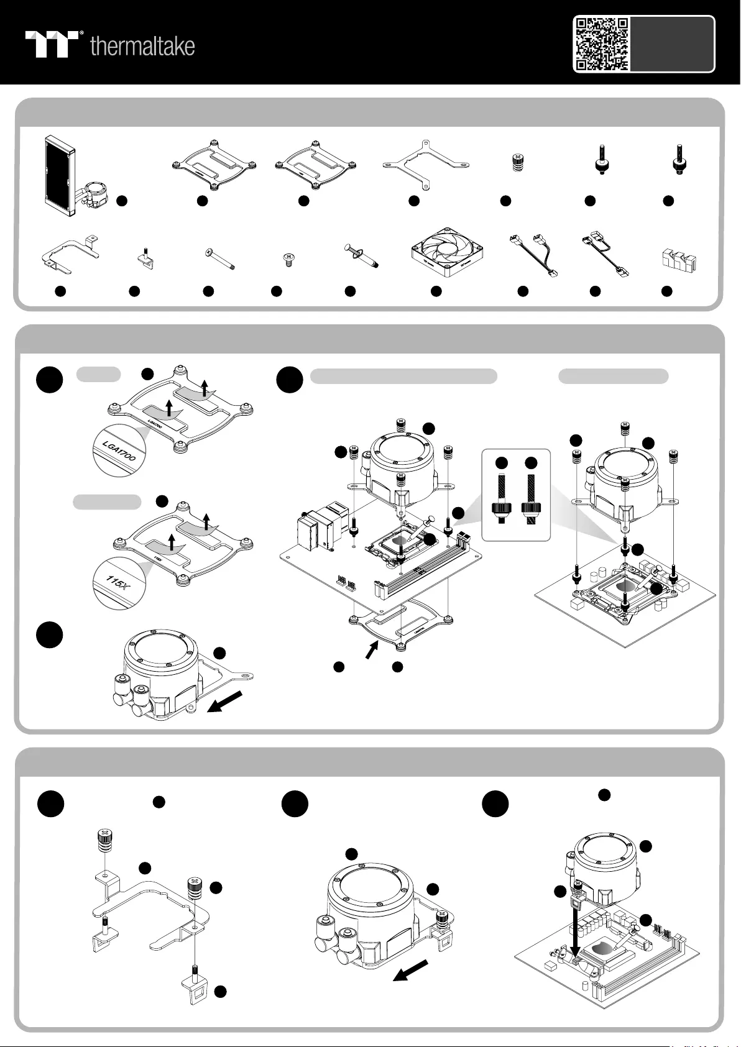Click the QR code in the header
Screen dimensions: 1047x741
(x=601, y=43)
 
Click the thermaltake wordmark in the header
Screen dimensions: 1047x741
(x=142, y=46)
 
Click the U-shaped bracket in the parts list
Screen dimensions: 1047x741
(x=68, y=255)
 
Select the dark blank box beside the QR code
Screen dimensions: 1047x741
(x=671, y=43)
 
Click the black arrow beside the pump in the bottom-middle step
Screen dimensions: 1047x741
(x=412, y=970)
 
